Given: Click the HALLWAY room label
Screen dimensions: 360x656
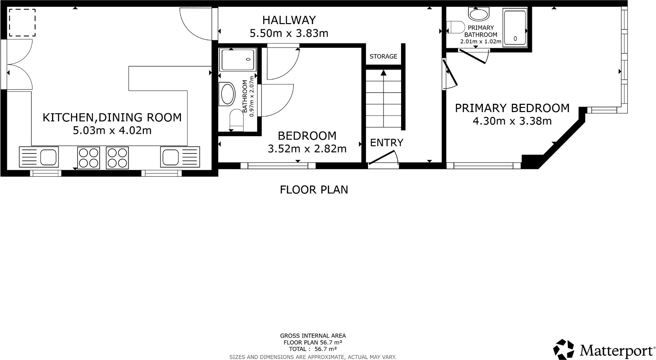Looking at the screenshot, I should [289, 20].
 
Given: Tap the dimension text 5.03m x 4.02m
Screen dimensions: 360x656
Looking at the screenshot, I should [112, 131].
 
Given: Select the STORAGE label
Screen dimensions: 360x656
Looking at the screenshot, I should [383, 57].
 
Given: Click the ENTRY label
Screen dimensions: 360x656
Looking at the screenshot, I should [386, 143].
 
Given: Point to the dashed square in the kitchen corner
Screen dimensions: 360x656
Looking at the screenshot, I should [22, 23].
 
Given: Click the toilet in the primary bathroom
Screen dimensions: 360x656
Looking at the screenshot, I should [456, 27].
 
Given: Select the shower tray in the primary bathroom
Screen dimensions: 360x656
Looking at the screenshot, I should [515, 28].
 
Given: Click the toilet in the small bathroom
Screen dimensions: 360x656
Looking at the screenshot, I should [237, 119].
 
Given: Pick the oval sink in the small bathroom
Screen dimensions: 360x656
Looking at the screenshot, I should [228, 94].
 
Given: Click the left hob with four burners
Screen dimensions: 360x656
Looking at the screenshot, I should [89, 158].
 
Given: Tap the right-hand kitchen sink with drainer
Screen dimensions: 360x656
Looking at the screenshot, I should [180, 157].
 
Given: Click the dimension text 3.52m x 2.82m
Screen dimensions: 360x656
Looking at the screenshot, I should [307, 149].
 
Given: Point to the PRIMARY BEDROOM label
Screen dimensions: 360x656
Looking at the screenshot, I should [512, 108].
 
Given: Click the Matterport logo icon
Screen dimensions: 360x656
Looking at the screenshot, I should [564, 349].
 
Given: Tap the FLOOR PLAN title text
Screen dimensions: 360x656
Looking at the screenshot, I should [314, 190].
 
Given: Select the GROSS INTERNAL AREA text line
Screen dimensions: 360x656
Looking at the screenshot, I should [312, 336].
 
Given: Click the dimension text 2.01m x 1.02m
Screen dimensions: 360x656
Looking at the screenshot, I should [480, 42].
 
